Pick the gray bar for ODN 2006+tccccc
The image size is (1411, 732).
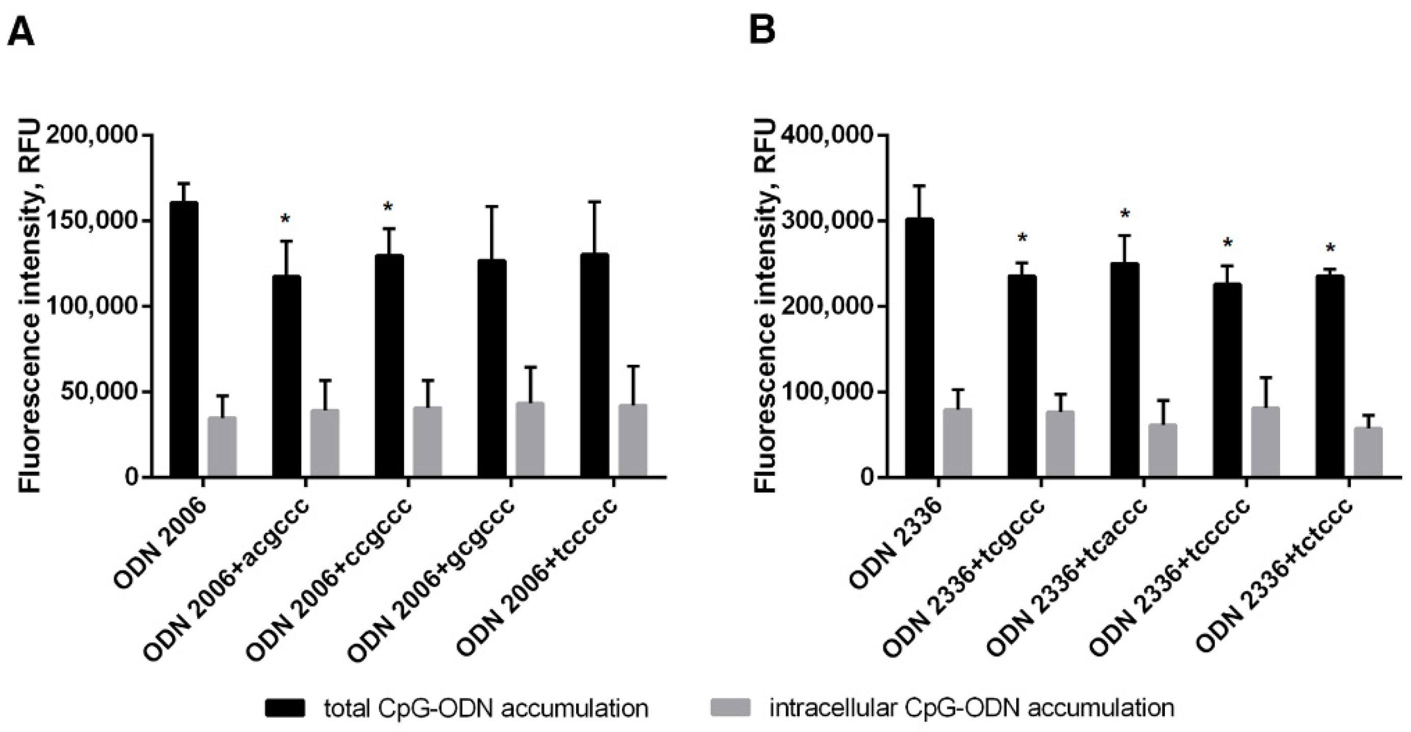click(633, 441)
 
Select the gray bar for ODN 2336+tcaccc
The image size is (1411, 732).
click(1162, 450)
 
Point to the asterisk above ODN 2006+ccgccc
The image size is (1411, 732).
click(388, 208)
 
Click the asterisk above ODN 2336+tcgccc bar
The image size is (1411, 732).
click(1022, 239)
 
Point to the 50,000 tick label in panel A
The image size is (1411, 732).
click(99, 392)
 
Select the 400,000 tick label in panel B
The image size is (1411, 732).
click(827, 135)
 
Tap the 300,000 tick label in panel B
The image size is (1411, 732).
click(827, 221)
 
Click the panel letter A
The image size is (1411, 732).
click(21, 31)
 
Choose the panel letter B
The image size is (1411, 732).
click(762, 30)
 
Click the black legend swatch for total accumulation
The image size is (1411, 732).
click(285, 708)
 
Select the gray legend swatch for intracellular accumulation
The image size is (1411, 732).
click(730, 708)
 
